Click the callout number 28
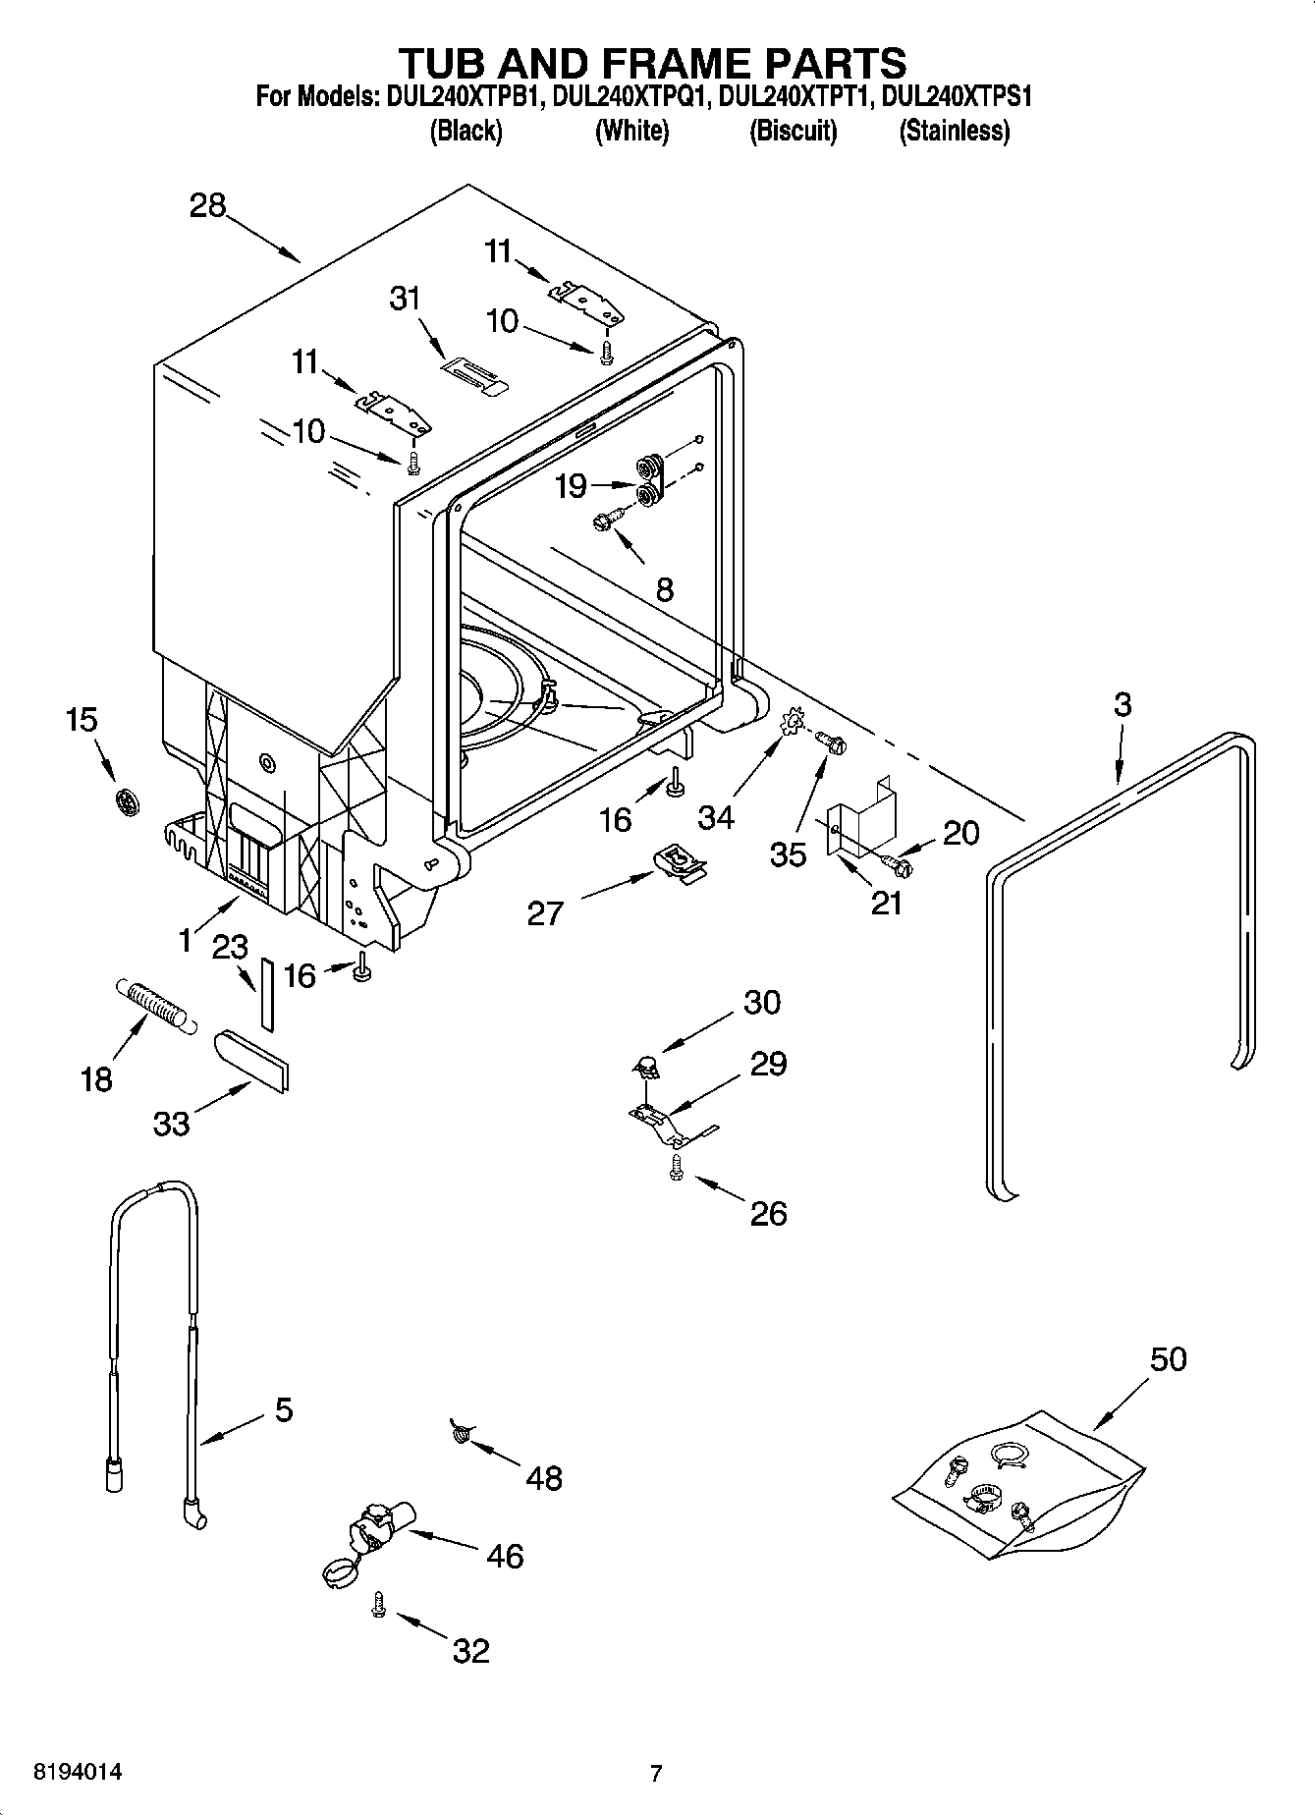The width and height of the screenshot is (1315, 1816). (x=208, y=206)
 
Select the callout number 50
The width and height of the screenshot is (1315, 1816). (x=1168, y=1359)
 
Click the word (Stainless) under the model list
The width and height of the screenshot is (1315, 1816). (x=954, y=131)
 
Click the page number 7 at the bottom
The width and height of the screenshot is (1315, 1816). (x=656, y=1774)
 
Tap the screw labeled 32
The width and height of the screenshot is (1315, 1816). (x=378, y=1605)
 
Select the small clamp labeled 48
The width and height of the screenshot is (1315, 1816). (x=460, y=1434)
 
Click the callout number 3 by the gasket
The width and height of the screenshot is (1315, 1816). (x=1123, y=704)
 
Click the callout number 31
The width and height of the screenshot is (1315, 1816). (x=405, y=298)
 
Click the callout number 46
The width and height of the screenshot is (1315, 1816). (x=505, y=1556)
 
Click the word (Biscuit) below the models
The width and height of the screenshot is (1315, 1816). (x=793, y=131)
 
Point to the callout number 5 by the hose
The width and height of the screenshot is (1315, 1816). (x=283, y=1410)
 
